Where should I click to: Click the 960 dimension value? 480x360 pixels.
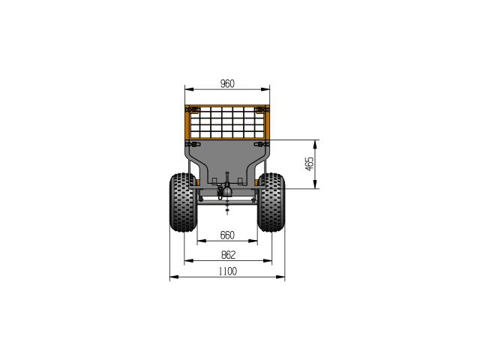coord(227,83)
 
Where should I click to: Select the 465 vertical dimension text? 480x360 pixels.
coord(310,164)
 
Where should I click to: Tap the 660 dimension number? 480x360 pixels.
coord(227,235)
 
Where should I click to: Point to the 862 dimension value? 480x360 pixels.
coord(228,255)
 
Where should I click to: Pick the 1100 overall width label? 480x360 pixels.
coord(228,271)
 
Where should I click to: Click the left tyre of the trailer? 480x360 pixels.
coord(183,202)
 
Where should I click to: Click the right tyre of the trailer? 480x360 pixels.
coord(271,202)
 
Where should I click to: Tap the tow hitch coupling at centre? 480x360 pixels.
coord(226,190)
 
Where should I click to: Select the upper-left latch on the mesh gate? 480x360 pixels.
coord(193,109)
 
